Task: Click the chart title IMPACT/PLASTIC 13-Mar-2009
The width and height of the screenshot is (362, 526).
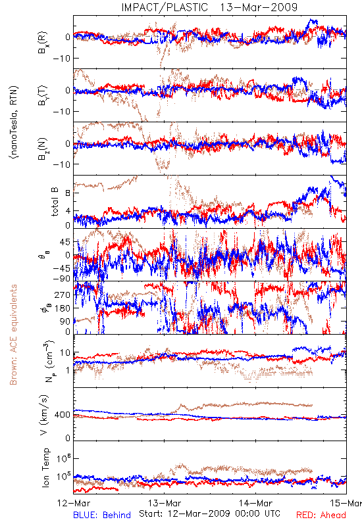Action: pos(209,7)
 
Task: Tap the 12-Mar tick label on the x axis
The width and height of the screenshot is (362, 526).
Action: pos(74,503)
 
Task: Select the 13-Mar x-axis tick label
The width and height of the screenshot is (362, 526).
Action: pos(165,503)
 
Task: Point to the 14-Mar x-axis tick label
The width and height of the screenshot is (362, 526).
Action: pos(255,503)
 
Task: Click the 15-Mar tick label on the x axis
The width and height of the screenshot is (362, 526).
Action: pos(346,503)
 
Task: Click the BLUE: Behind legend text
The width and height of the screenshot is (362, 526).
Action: pos(102,515)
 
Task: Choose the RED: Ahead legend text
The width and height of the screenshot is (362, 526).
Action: pos(321,515)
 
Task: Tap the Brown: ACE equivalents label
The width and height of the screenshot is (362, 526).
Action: pos(13,335)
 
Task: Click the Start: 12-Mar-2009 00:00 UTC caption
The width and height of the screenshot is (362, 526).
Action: pos(209,514)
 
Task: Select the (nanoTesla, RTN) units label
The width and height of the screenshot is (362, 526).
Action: pos(14,122)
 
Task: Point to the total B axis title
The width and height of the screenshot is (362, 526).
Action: pos(55,202)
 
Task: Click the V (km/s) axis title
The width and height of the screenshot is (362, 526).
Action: pos(44,415)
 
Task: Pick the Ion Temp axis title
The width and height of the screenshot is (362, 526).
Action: pos(45,467)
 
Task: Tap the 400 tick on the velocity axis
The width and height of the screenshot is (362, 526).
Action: pos(62,415)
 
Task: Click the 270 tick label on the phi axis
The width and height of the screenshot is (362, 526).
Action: pos(63,295)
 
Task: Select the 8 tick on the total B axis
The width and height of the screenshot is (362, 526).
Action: pos(68,193)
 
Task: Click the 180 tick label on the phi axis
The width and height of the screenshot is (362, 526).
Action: pos(63,308)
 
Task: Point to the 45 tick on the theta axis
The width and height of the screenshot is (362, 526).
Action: pos(65,242)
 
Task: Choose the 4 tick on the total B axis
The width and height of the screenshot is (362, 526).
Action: pos(68,211)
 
